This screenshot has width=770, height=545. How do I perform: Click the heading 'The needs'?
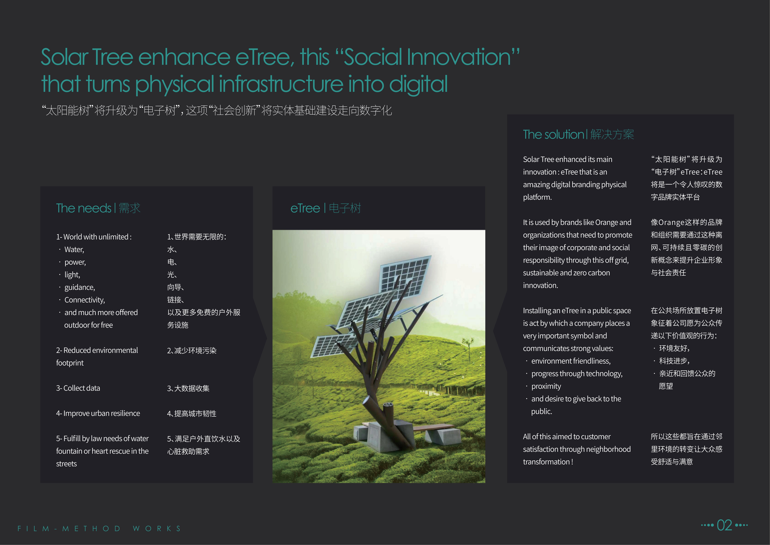tap(84, 208)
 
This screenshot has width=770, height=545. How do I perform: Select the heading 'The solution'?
tap(553, 134)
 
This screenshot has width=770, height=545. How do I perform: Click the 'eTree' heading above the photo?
tap(305, 208)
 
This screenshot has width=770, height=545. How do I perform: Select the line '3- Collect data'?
tap(78, 388)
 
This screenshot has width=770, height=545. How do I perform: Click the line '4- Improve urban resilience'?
tap(98, 413)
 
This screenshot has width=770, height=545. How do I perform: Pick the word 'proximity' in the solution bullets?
tap(546, 386)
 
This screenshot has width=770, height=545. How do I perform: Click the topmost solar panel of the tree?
tap(405, 274)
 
